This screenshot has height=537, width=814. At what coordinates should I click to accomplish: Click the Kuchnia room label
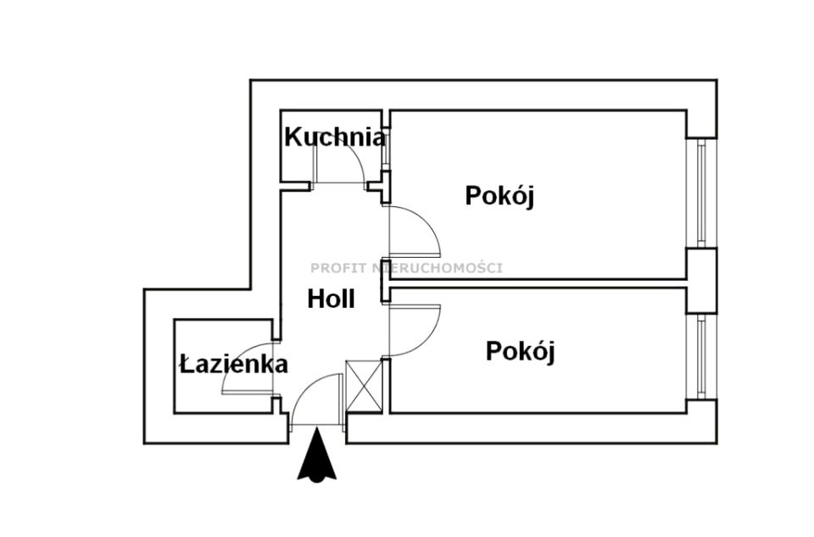click(334, 137)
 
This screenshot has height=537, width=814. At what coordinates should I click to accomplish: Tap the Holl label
click(331, 299)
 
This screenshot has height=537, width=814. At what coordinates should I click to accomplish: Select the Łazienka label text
click(234, 365)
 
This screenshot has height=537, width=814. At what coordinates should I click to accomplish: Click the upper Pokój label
click(499, 195)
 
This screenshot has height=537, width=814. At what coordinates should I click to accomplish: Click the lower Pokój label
click(520, 350)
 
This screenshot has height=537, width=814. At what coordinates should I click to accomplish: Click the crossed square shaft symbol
click(365, 386)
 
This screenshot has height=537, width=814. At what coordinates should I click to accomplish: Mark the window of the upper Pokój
click(701, 193)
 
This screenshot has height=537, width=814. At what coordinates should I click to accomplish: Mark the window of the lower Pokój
click(701, 356)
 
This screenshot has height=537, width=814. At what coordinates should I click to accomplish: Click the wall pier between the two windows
click(701, 280)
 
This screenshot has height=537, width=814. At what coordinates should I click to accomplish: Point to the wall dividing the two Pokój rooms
click(534, 282)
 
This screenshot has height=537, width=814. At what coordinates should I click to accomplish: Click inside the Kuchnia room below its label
click(297, 166)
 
